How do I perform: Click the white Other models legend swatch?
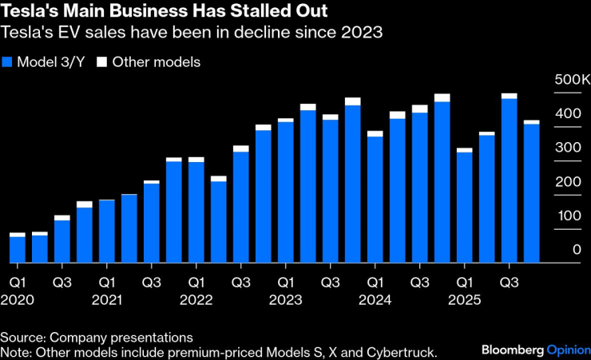(x=102, y=62)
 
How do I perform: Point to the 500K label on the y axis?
(x=572, y=81)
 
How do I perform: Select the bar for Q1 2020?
(x=18, y=248)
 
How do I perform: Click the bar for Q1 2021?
(x=107, y=231)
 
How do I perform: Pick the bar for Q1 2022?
(x=196, y=212)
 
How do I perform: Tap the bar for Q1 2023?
(x=285, y=192)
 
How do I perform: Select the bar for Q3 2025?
(x=509, y=179)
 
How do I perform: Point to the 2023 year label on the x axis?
(x=285, y=299)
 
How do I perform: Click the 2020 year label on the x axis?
(x=18, y=299)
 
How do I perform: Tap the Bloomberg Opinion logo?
(x=533, y=350)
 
